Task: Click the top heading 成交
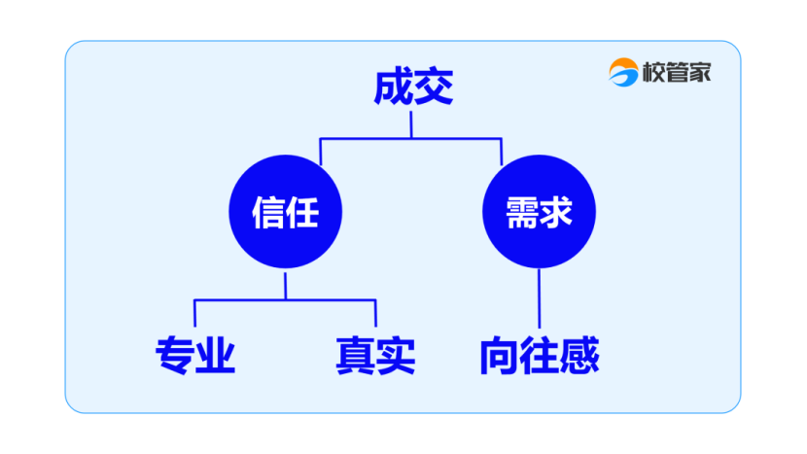(413, 88)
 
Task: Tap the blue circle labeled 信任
(285, 211)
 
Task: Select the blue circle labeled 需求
(539, 211)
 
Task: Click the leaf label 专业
(195, 357)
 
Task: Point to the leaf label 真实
(375, 357)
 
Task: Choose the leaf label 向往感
(539, 357)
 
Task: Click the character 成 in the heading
(393, 88)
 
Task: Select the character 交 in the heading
(434, 88)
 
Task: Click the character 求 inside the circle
(557, 211)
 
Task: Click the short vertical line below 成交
(411, 125)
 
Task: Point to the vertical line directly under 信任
(285, 285)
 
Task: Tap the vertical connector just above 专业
(194, 313)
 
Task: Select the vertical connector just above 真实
(375, 313)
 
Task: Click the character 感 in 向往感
(580, 357)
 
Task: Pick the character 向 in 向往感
(498, 357)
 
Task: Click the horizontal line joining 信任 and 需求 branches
(411, 139)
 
